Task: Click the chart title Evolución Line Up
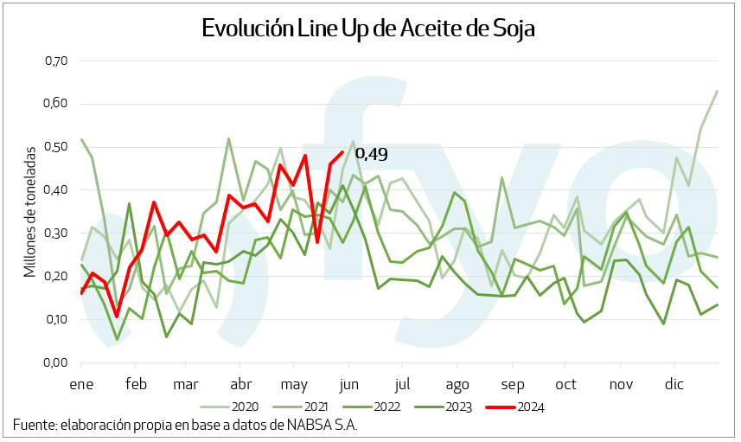point(368,28)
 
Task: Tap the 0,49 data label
point(371,154)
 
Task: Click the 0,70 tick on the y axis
point(55,61)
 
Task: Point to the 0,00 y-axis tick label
point(55,362)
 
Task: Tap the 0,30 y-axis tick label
point(55,234)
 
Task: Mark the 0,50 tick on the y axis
point(55,147)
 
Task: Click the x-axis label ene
point(81,383)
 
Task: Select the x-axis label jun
point(348,383)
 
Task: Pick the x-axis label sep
point(512,383)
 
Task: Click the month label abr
point(242,383)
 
